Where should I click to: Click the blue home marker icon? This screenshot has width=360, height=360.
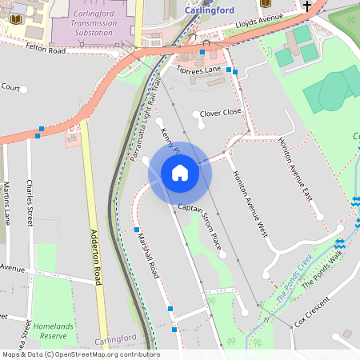click(x=180, y=173)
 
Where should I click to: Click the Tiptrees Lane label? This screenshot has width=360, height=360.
click(x=199, y=70)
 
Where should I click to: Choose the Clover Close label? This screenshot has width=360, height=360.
click(x=220, y=113)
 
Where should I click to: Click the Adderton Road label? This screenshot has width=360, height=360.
click(x=98, y=256)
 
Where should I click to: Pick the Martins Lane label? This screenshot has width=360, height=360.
click(x=6, y=204)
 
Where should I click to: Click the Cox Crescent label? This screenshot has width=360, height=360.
click(x=312, y=312)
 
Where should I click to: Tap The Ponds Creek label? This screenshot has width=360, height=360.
click(x=294, y=276)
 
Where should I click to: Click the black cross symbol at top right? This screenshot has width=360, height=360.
click(x=307, y=5)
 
